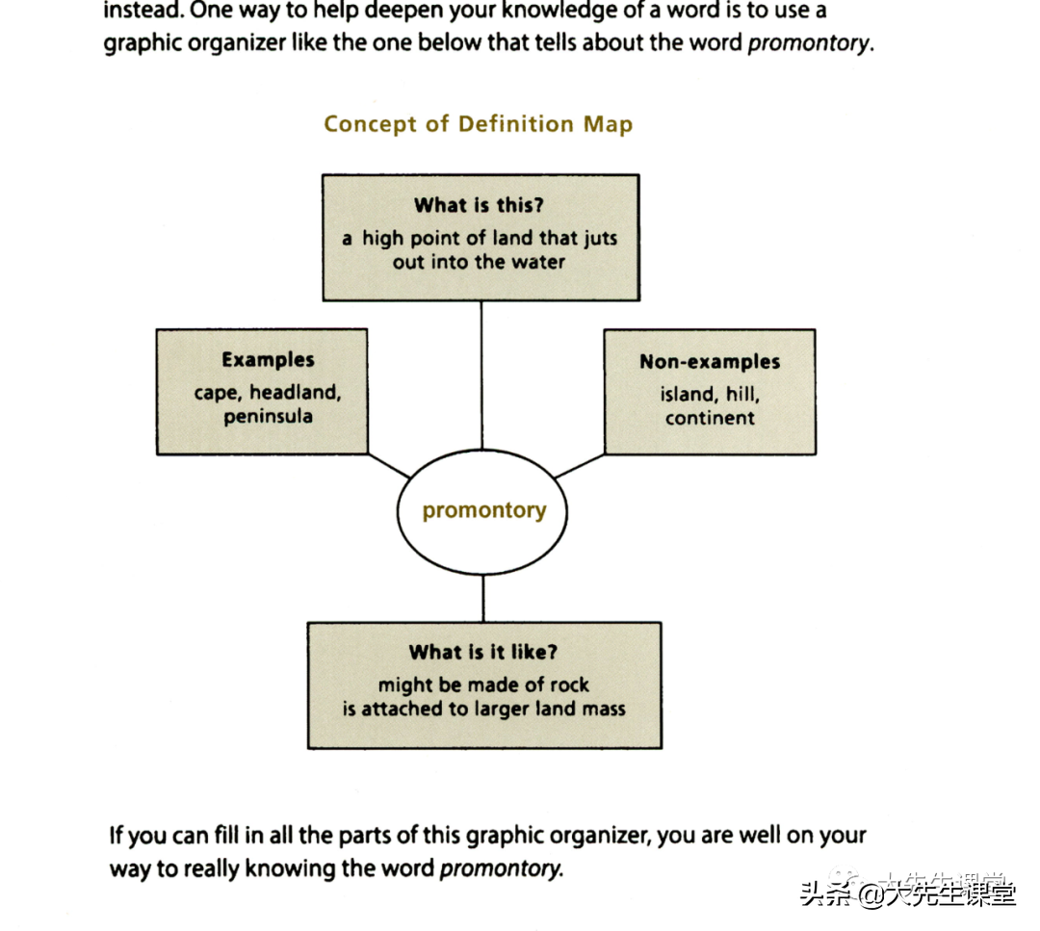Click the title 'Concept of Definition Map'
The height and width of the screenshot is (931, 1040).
click(x=479, y=124)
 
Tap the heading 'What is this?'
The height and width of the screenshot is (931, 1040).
click(x=479, y=205)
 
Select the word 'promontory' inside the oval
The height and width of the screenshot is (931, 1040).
click(x=484, y=510)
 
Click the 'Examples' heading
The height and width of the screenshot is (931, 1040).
click(x=268, y=360)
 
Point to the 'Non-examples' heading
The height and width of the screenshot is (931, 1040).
click(x=710, y=361)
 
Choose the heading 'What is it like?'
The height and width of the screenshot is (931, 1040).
click(x=482, y=652)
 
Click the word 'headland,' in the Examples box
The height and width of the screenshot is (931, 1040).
click(x=296, y=393)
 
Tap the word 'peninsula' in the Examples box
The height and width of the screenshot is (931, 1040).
click(x=268, y=417)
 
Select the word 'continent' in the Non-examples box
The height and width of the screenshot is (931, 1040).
click(x=710, y=419)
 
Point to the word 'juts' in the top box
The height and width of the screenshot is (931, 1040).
click(x=600, y=238)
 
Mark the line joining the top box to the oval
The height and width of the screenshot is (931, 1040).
click(x=481, y=375)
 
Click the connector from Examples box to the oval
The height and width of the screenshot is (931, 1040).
click(x=389, y=466)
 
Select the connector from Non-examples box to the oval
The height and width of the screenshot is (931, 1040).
click(x=580, y=466)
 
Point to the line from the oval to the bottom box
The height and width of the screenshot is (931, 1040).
click(x=483, y=598)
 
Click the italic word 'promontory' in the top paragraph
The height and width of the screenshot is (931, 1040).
click(x=809, y=43)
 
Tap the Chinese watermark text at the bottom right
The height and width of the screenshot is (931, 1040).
click(x=908, y=892)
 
